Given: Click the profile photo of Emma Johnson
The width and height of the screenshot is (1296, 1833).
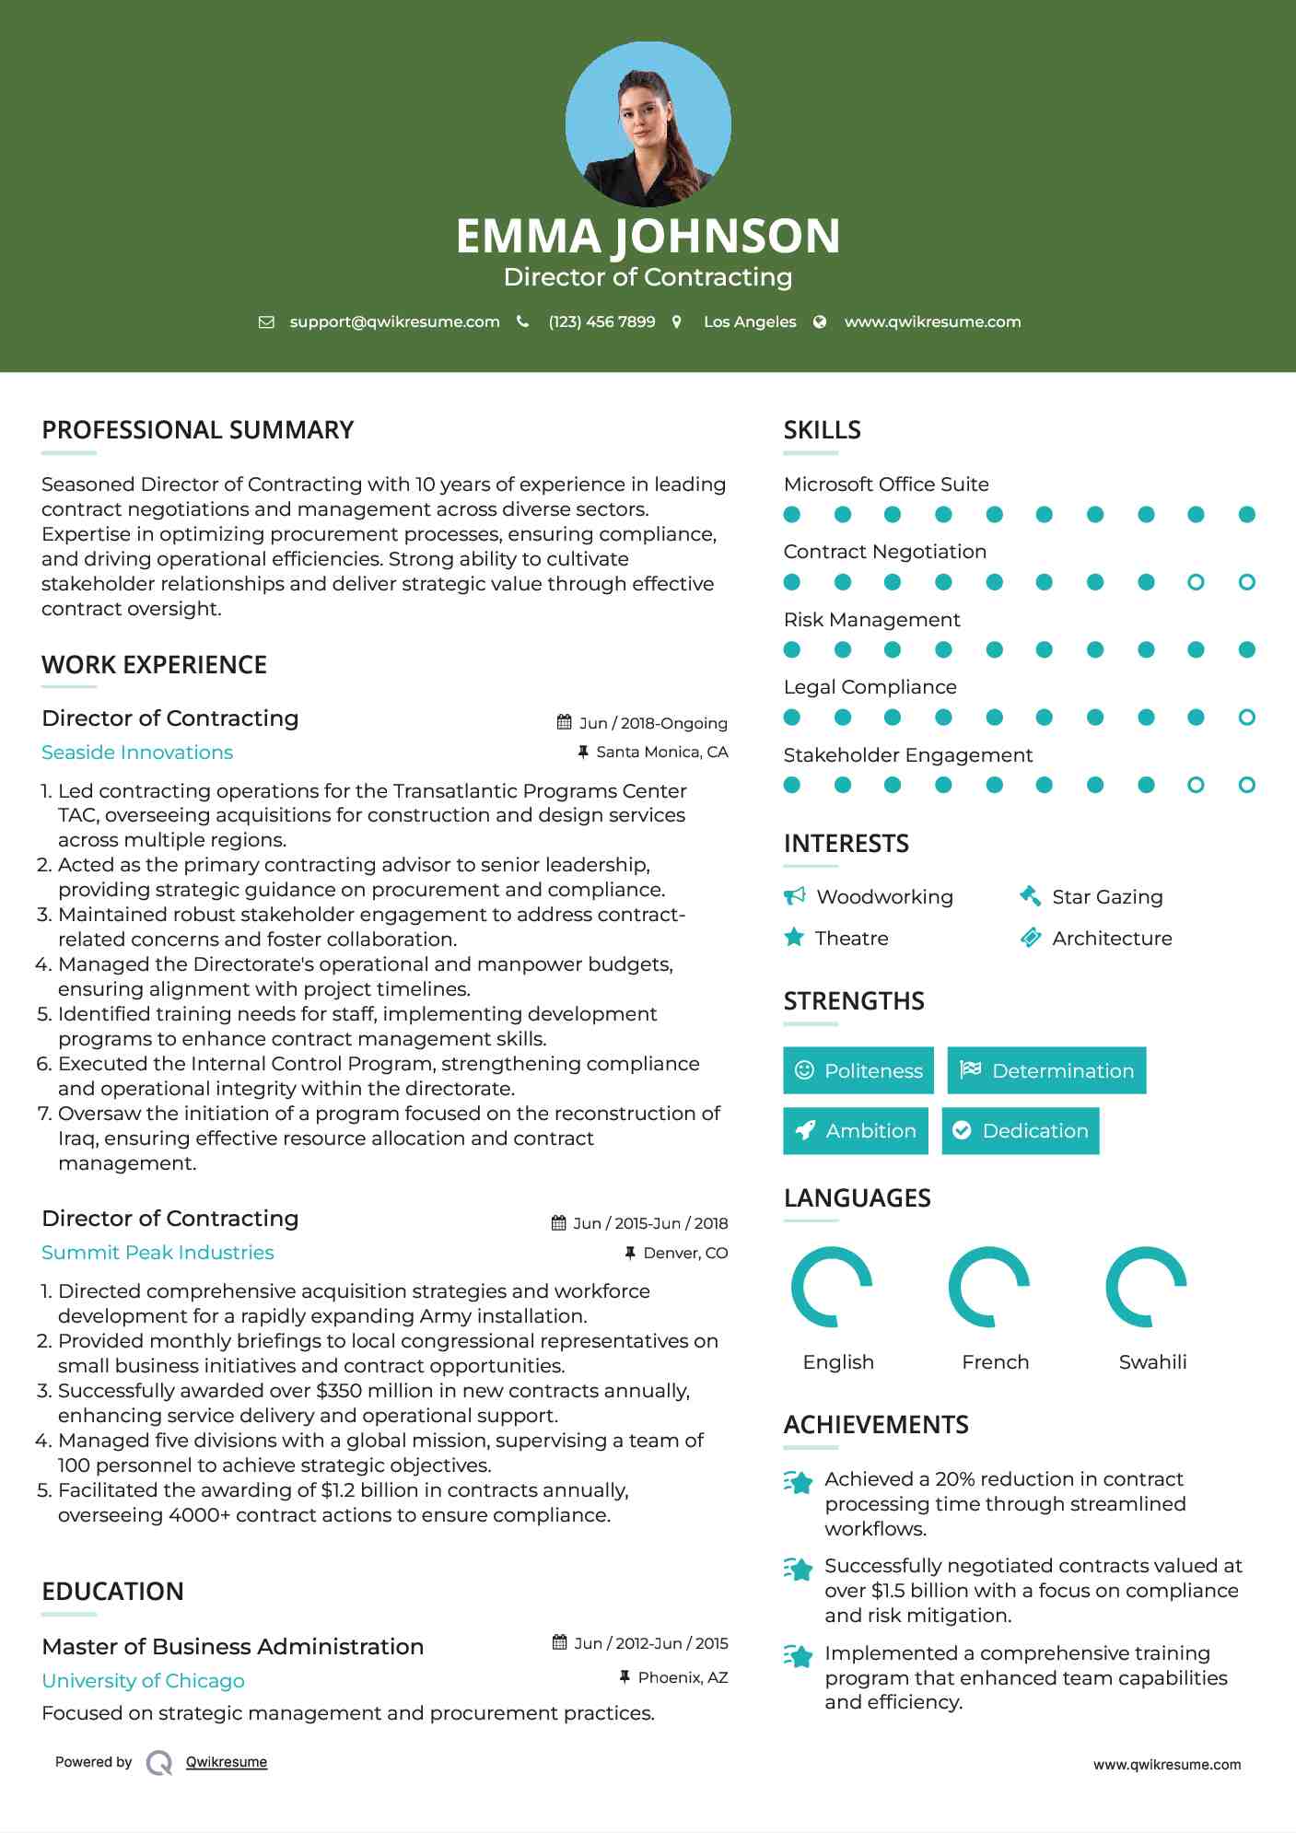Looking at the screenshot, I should click(648, 123).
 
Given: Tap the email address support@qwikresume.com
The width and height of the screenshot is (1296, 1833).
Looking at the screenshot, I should click(394, 321).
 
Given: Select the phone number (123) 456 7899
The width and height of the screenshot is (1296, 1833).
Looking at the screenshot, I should click(601, 321).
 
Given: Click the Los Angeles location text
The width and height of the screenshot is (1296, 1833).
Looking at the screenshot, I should click(749, 321).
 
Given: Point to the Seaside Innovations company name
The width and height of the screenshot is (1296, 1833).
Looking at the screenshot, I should click(137, 753).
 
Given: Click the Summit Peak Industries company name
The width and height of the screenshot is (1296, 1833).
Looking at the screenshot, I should click(158, 1253).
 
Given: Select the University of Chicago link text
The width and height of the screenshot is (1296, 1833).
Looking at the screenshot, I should click(143, 1681).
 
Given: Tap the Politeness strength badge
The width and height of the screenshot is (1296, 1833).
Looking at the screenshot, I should click(858, 1070).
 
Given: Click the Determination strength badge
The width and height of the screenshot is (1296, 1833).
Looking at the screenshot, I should click(1046, 1070).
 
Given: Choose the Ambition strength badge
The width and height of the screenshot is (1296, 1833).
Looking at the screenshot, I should click(856, 1131).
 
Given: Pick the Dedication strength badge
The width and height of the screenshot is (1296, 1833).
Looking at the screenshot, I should click(1021, 1131).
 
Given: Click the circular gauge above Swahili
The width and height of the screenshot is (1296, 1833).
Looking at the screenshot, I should click(1146, 1287).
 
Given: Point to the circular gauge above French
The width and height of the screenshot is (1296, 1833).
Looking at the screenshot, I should click(988, 1287).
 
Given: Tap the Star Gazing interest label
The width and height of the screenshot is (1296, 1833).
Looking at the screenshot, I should click(1106, 897).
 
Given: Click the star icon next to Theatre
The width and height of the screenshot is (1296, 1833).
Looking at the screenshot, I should click(794, 938).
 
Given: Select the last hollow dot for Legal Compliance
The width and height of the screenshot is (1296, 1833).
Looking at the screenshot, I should click(1246, 718).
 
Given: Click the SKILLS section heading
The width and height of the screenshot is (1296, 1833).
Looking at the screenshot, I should click(822, 430).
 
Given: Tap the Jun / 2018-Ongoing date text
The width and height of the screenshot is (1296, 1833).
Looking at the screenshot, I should click(652, 723).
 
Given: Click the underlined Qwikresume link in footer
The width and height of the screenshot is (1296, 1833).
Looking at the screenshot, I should click(227, 1762).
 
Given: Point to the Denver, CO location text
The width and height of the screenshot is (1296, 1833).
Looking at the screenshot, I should click(684, 1253).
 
